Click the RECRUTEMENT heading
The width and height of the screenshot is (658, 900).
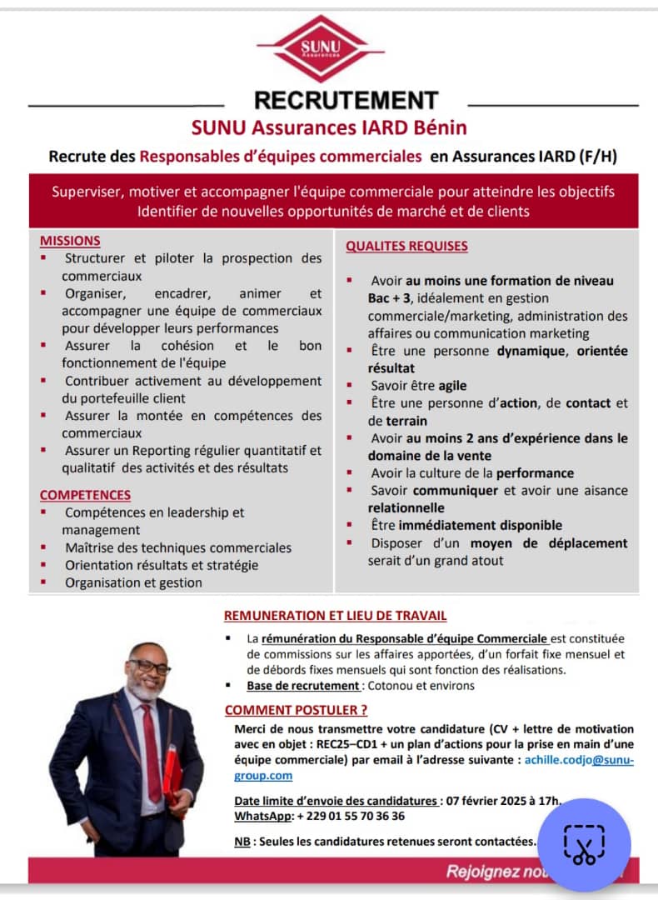tap(346, 100)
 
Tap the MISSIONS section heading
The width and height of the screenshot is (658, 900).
tap(70, 241)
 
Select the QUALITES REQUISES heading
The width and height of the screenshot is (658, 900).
tap(406, 246)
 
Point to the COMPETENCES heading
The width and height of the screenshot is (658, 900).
tap(85, 495)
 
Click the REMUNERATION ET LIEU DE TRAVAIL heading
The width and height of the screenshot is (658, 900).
tap(335, 616)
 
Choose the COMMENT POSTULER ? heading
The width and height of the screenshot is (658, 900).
tap(296, 710)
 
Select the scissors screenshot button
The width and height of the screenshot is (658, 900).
tap(584, 844)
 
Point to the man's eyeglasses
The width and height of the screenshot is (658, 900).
tap(148, 667)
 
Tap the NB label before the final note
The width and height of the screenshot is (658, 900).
tap(242, 842)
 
